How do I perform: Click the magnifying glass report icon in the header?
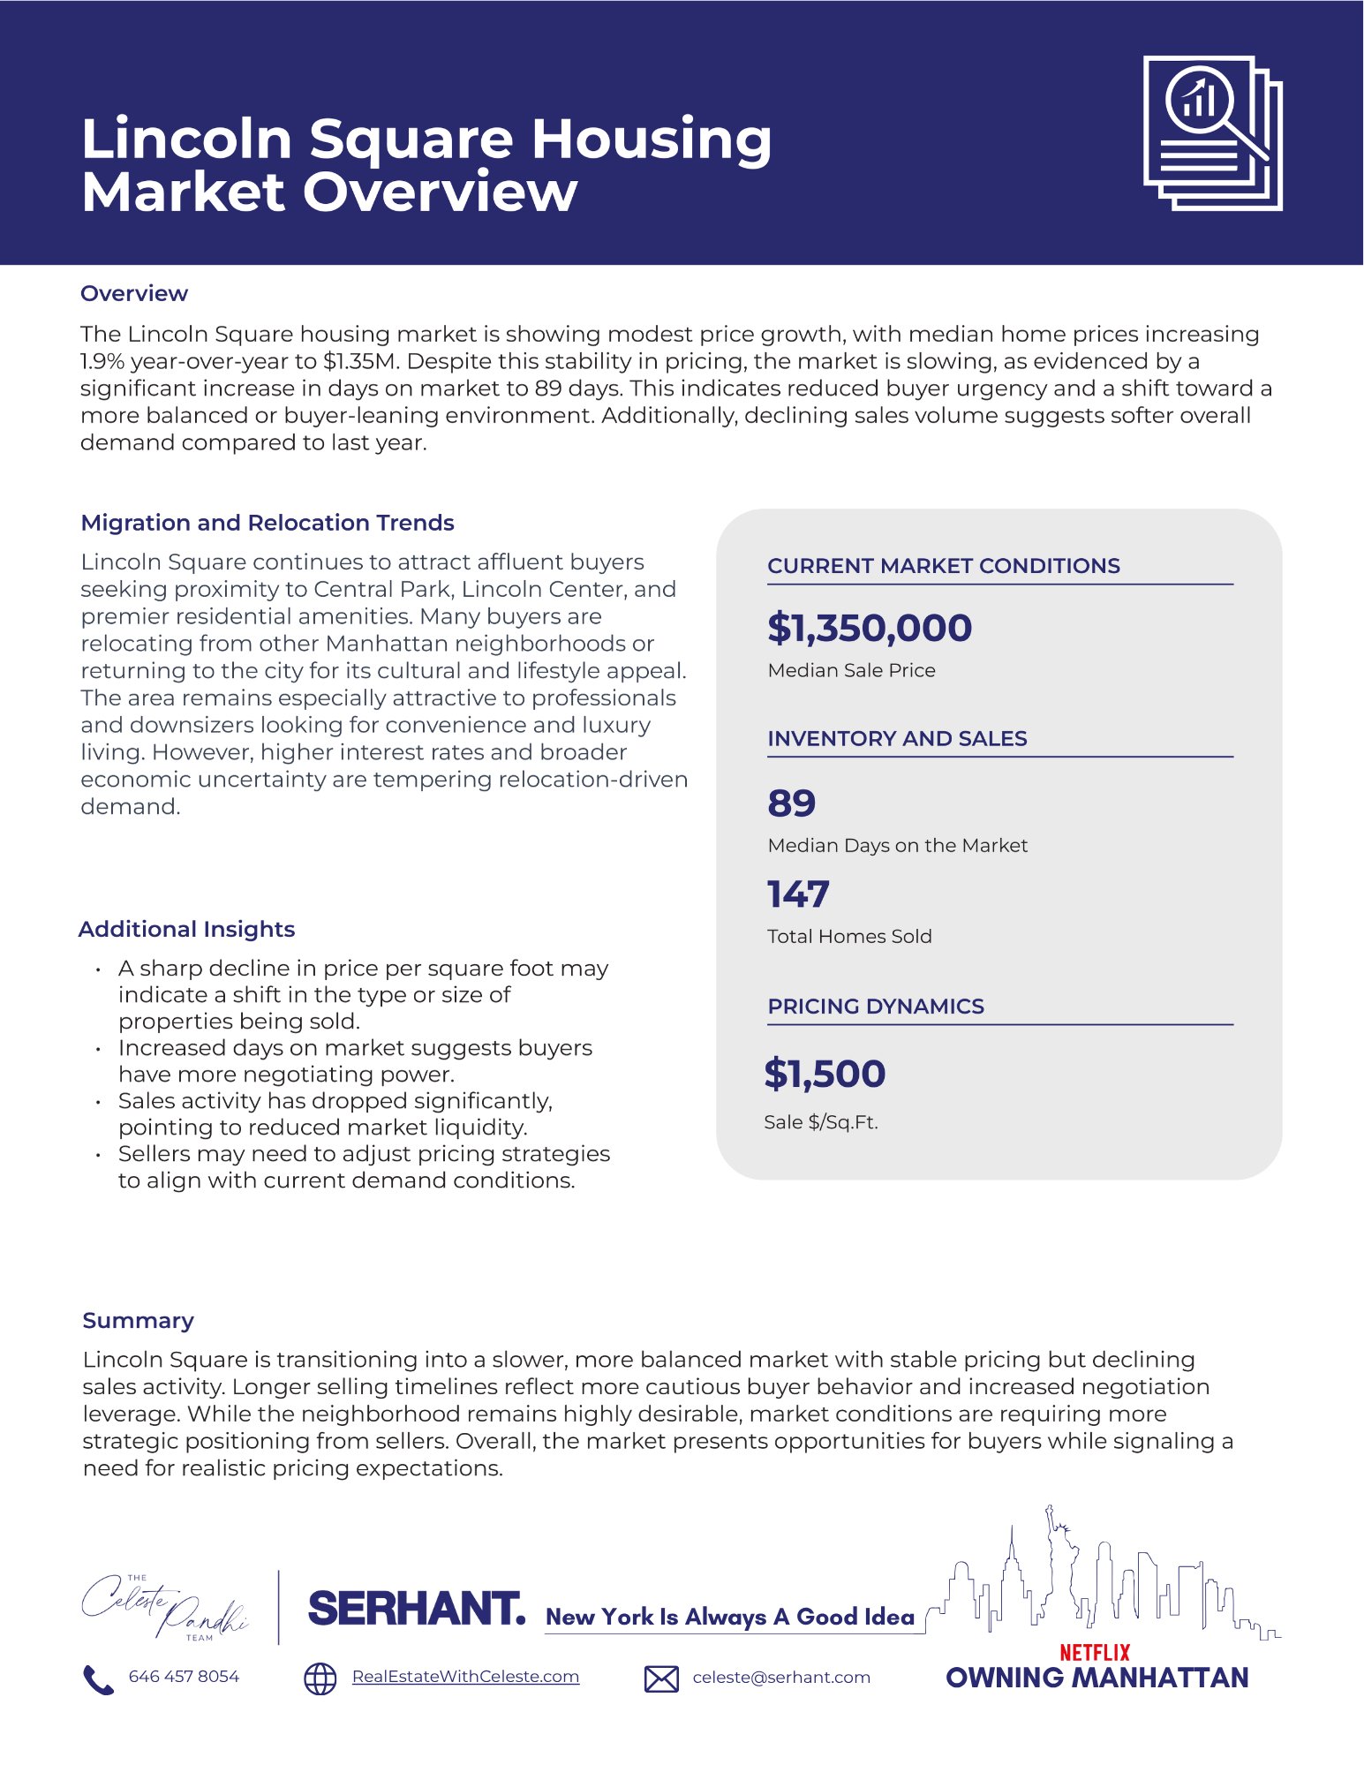point(1212,132)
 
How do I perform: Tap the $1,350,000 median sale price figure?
point(870,628)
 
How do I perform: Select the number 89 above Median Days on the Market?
point(792,803)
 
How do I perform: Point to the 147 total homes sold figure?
point(798,894)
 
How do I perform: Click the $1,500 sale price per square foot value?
point(825,1074)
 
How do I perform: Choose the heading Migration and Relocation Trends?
point(267,523)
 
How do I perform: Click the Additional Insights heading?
point(186,929)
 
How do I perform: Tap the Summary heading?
point(138,1320)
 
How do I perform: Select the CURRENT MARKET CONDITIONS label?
point(943,566)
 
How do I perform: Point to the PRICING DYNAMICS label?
point(875,1007)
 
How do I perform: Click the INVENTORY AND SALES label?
point(897,739)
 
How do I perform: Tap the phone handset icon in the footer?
point(97,1679)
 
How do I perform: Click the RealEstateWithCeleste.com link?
point(465,1677)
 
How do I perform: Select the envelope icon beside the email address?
point(661,1678)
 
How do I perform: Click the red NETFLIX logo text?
point(1095,1652)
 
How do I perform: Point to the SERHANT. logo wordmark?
point(416,1610)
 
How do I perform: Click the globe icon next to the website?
point(320,1678)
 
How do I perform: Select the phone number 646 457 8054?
point(184,1677)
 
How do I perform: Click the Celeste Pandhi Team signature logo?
point(165,1608)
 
